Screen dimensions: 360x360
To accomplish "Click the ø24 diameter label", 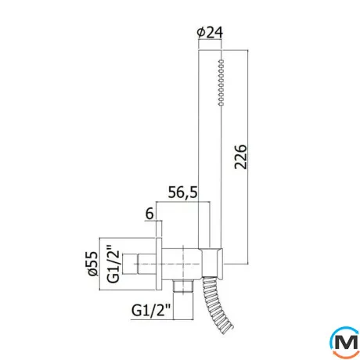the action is (210, 33).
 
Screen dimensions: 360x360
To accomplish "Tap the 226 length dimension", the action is (240, 157).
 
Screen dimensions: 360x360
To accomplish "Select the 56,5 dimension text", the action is (182, 193).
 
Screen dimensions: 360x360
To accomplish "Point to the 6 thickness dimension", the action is (149, 214).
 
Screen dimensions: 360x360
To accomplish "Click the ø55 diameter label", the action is (92, 264).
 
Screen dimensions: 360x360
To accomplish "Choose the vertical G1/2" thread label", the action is (113, 264).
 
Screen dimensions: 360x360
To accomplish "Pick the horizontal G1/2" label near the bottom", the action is (151, 311).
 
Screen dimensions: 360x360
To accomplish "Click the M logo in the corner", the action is (344, 342).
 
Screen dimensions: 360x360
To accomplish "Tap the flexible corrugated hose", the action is (216, 304).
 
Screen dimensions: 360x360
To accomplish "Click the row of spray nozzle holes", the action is (221, 82).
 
